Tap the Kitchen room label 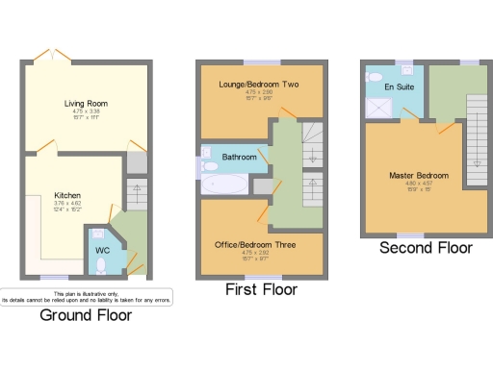66,195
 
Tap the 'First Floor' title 260,289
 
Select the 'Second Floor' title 426,247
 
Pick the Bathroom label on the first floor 239,156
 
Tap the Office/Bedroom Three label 254,245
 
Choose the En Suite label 398,86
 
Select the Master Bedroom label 419,176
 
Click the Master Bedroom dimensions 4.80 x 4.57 419,184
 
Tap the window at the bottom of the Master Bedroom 410,234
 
